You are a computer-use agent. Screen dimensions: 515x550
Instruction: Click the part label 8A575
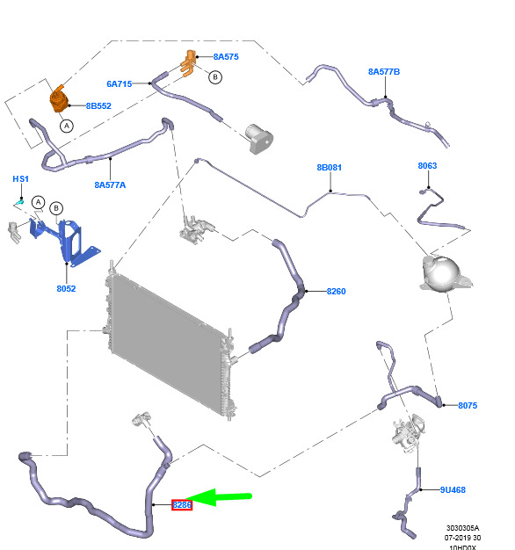[226, 57]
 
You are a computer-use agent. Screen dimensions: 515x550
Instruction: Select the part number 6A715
[120, 84]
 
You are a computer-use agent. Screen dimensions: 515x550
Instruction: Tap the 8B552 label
[98, 106]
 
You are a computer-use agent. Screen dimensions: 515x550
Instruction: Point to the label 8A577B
[384, 72]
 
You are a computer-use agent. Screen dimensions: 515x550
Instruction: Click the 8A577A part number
[110, 185]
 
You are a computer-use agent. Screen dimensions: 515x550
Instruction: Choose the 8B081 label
[329, 168]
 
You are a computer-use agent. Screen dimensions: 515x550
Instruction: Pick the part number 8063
[427, 166]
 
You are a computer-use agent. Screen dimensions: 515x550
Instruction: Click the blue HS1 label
[21, 179]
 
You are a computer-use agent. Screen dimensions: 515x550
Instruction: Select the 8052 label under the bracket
[66, 289]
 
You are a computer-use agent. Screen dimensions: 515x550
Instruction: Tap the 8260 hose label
[336, 292]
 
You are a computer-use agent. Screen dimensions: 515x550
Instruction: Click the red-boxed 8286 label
[182, 505]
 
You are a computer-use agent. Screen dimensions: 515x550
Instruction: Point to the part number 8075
[468, 406]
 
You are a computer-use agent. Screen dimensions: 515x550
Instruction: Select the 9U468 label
[453, 490]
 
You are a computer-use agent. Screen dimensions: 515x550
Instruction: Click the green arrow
[219, 497]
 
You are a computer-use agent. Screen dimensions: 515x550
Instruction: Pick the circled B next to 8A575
[215, 77]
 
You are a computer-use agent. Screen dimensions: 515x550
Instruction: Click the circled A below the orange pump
[67, 126]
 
